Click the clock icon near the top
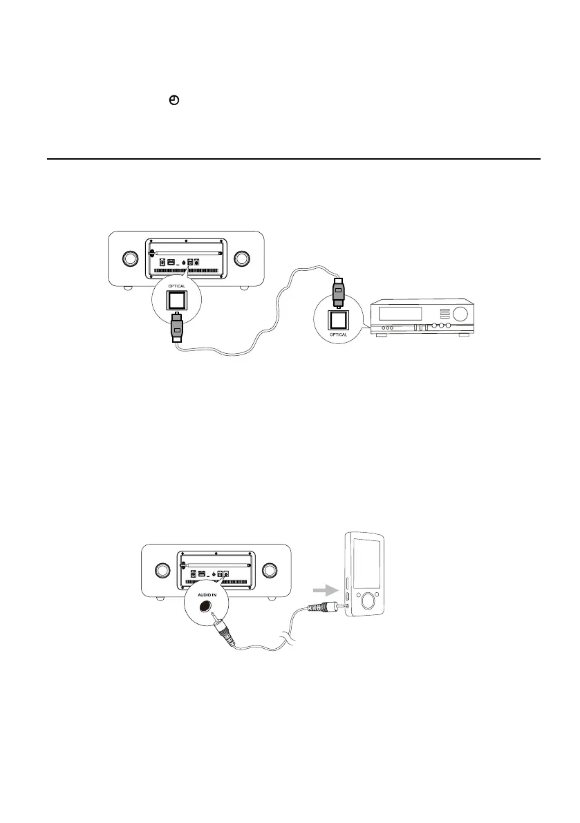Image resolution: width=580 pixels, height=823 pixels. point(174,101)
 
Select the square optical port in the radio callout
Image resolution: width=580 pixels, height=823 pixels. point(176,299)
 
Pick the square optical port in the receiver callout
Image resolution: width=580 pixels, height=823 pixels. point(339,319)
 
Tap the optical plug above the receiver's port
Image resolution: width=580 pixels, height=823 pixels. point(339,291)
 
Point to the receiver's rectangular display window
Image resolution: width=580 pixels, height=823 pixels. point(401,313)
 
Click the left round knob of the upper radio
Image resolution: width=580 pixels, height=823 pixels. point(129,258)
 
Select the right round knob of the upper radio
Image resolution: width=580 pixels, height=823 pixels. point(241,258)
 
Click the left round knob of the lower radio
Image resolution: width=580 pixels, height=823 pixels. point(161,570)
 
